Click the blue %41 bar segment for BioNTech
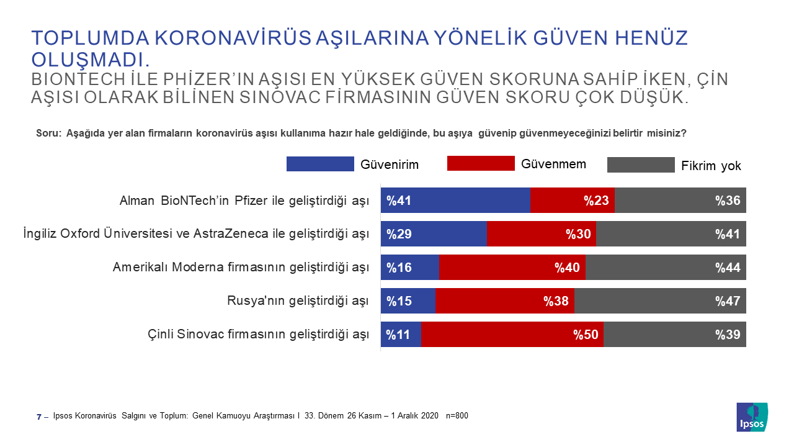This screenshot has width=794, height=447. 455,200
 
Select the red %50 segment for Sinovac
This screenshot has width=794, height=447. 512,334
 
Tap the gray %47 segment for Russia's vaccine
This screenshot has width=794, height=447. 660,300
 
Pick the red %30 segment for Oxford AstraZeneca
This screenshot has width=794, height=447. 542,233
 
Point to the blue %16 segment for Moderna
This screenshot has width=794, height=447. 409,267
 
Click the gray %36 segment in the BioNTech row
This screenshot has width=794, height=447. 680,200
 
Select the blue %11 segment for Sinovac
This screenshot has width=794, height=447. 401,334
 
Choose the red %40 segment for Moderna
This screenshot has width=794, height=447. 512,267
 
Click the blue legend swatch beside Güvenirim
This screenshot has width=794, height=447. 320,164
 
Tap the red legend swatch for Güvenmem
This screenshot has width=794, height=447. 481,163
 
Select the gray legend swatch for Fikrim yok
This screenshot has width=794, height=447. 641,165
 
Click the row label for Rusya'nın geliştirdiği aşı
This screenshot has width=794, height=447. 298,301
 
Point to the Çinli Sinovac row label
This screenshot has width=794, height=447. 258,335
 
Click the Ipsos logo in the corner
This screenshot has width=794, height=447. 752,417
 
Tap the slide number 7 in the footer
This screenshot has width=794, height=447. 39,416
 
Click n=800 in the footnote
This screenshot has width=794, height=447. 457,415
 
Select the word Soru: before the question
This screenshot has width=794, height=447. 49,133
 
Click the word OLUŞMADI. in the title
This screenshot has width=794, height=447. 91,60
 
